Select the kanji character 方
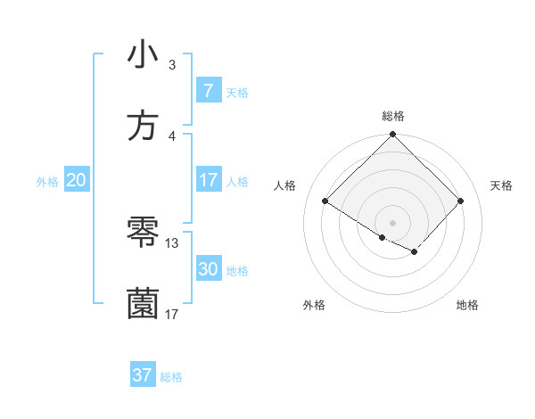click(143, 126)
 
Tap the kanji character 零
click(143, 234)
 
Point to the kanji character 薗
click(143, 304)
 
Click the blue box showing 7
click(208, 91)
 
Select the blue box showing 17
click(208, 180)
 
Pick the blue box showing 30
click(208, 269)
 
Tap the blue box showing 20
click(76, 180)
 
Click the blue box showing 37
click(142, 375)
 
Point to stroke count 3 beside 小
click(172, 65)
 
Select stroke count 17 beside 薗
click(172, 314)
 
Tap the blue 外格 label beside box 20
click(47, 182)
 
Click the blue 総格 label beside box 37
click(171, 377)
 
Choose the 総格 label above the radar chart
click(392, 116)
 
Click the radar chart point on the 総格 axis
click(392, 136)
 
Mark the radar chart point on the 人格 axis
click(325, 201)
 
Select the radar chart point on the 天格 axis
click(460, 201)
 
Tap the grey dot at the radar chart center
click(392, 222)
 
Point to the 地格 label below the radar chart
click(467, 306)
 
